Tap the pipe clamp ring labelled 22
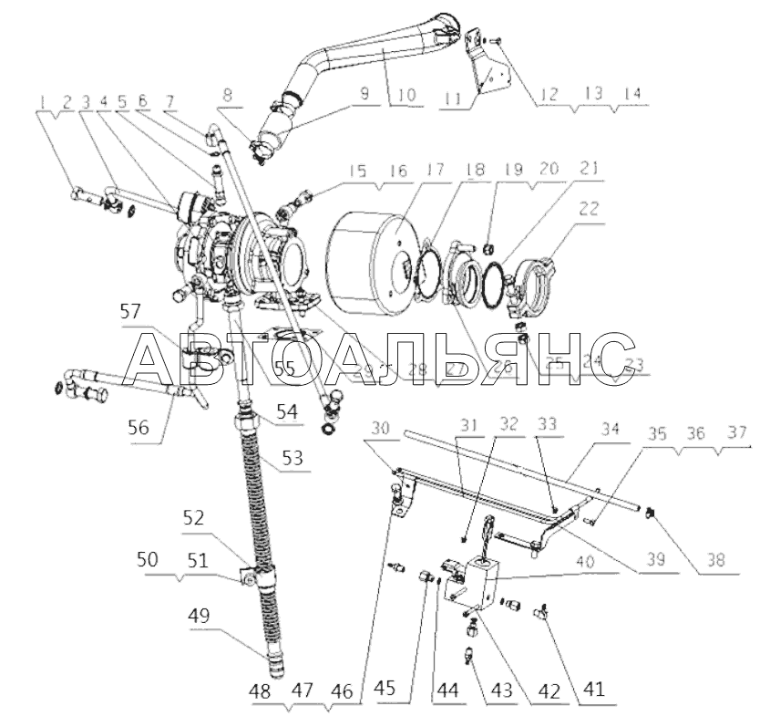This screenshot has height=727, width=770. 541,279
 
